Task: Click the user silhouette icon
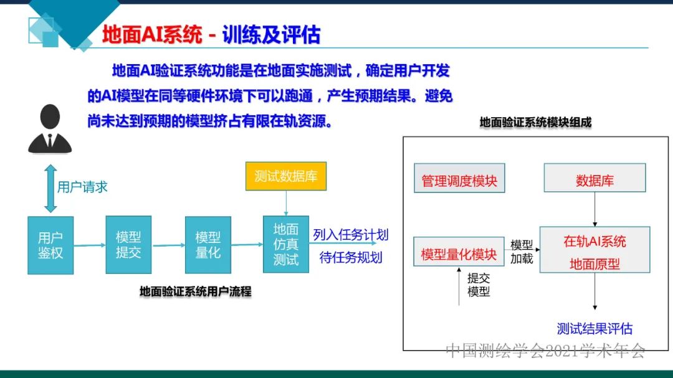pyautogui.click(x=50, y=129)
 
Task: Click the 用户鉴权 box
pyautogui.click(x=50, y=245)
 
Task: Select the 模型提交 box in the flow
pyautogui.click(x=128, y=245)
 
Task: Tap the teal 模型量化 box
pyautogui.click(x=208, y=245)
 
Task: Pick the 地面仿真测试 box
pyautogui.click(x=286, y=245)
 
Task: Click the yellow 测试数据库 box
pyautogui.click(x=286, y=176)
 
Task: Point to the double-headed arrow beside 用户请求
pyautogui.click(x=50, y=188)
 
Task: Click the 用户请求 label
pyautogui.click(x=82, y=187)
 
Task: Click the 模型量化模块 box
pyautogui.click(x=459, y=255)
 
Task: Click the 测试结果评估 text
pyautogui.click(x=594, y=328)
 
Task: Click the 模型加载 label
pyautogui.click(x=522, y=252)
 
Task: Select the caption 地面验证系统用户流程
pyautogui.click(x=195, y=291)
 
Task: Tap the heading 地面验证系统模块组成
pyautogui.click(x=535, y=123)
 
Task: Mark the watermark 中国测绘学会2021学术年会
pyautogui.click(x=545, y=351)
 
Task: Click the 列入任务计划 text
pyautogui.click(x=350, y=235)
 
